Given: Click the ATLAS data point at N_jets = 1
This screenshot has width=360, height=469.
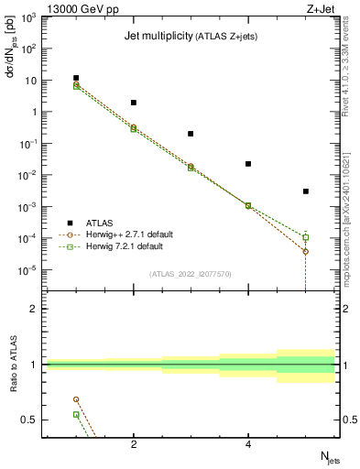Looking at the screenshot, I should point(76,79).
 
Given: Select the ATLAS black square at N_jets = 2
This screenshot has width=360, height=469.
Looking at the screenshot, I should point(134,103).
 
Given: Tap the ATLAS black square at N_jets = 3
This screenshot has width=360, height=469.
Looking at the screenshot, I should point(191,134).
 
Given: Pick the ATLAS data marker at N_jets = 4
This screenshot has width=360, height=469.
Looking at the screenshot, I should point(248,164).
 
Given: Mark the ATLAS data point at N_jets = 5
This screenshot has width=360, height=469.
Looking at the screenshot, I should point(306,191).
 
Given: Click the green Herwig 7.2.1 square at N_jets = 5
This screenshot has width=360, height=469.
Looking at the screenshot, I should point(306,237).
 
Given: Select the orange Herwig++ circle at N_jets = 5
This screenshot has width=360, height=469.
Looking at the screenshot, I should point(306,251).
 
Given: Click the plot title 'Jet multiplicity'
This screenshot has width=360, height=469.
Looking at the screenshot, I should point(157,37).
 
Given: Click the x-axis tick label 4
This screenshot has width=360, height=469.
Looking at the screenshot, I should point(248,445).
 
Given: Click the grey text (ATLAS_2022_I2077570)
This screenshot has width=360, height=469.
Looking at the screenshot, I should point(191,273).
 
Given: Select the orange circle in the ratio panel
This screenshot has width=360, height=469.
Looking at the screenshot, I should point(76,399).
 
